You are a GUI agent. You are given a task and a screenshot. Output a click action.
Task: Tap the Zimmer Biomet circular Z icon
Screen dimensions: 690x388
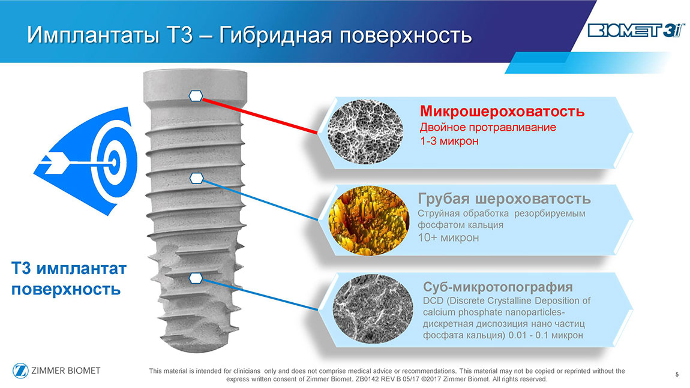(x=20, y=371)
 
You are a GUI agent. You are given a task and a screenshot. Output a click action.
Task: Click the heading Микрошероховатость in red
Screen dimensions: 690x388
(x=502, y=111)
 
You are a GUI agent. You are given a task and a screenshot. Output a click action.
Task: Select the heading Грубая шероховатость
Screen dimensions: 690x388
(x=504, y=198)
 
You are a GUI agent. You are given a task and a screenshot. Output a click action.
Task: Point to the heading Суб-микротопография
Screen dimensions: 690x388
(x=497, y=287)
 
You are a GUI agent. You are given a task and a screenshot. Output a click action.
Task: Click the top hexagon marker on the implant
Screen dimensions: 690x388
(x=196, y=95)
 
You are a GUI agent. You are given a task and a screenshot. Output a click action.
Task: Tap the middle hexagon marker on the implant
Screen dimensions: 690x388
(x=197, y=178)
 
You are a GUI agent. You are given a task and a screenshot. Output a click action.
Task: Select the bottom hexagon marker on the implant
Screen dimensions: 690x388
(x=196, y=278)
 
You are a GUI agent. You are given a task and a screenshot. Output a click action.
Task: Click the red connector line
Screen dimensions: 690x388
(x=260, y=115)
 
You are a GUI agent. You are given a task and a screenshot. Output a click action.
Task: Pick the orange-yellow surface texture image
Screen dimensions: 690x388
(x=369, y=221)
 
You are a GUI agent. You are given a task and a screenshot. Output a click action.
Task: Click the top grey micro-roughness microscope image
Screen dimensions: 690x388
(x=365, y=132)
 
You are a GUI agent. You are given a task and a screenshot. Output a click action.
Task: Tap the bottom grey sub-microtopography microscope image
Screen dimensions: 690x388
(x=373, y=309)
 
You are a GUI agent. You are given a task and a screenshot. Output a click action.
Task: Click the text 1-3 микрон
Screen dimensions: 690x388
(x=449, y=141)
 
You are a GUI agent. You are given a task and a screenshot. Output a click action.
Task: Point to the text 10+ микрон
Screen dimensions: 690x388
(x=448, y=237)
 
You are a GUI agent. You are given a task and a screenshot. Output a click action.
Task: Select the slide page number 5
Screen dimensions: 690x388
(x=677, y=375)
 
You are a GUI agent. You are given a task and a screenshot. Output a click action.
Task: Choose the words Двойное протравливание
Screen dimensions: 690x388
(x=488, y=128)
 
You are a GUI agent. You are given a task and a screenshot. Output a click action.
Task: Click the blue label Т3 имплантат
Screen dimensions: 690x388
(x=68, y=268)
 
